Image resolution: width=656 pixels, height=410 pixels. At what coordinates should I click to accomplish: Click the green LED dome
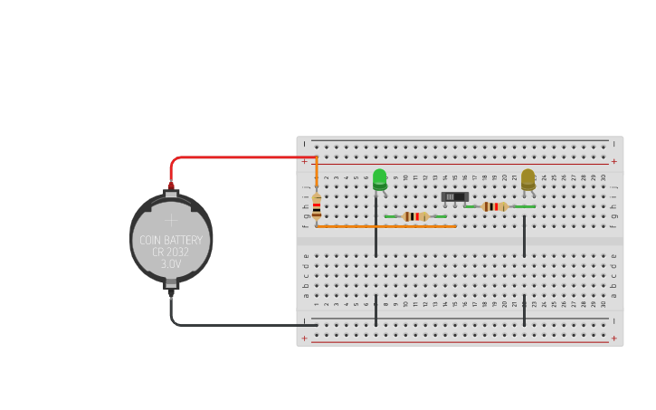[379, 177]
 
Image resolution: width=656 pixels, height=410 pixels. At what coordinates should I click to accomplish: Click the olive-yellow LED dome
[528, 177]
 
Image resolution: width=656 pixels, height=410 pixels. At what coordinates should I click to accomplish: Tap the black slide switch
[454, 196]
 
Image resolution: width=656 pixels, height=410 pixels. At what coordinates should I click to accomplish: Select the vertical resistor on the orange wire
[316, 206]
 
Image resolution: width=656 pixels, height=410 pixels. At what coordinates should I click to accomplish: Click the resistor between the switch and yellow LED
[493, 206]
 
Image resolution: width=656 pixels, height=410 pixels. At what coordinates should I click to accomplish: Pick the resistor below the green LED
[415, 216]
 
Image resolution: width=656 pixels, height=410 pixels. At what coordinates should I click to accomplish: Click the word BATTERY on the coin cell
[184, 240]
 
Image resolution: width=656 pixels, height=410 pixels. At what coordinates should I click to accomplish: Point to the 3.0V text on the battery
[171, 264]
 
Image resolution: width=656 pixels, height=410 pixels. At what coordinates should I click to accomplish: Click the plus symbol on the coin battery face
[171, 219]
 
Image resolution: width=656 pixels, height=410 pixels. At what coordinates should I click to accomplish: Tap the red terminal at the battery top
[171, 186]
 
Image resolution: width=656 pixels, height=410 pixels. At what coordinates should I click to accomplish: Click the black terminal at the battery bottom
[171, 292]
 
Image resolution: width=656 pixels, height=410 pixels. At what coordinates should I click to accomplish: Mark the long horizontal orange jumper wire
[389, 226]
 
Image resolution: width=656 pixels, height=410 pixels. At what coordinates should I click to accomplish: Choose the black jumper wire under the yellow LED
[524, 235]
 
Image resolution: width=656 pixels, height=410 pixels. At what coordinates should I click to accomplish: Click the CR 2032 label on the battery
[171, 253]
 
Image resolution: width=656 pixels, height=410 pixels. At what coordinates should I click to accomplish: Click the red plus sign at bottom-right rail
[613, 338]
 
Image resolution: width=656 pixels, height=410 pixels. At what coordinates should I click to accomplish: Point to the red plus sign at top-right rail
[613, 162]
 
